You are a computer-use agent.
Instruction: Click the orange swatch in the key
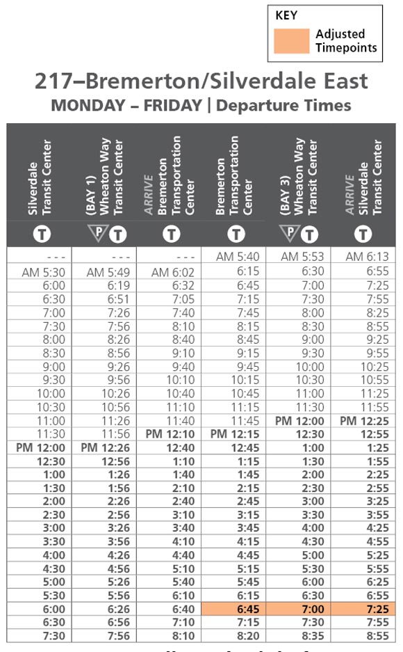(x=291, y=41)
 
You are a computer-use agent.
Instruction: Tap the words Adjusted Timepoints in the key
(x=345, y=41)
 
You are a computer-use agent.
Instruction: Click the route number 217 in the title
(x=54, y=81)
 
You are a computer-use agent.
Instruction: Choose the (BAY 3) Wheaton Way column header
(x=301, y=177)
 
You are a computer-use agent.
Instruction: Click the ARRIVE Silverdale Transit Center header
(x=364, y=177)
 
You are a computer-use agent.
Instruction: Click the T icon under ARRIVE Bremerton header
(x=171, y=234)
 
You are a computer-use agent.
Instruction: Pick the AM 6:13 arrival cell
(x=364, y=257)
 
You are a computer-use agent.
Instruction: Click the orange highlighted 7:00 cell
(x=301, y=609)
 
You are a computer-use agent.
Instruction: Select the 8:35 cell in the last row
(x=301, y=635)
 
